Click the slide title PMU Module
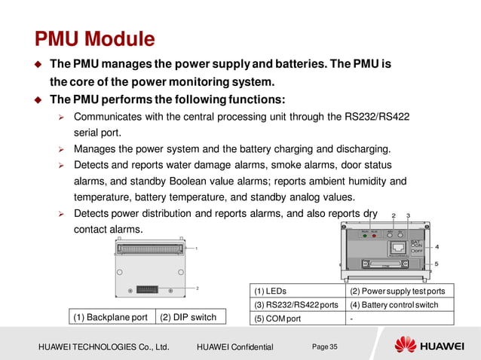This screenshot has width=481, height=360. tap(95, 38)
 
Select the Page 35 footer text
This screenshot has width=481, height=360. tap(325, 346)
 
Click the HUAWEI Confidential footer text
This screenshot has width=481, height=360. tap(234, 346)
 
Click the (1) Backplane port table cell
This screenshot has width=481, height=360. tap(110, 317)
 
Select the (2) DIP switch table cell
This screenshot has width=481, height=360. tap(188, 317)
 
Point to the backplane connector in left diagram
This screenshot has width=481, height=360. tap(152, 249)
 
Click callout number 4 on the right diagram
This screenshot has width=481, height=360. tap(437, 246)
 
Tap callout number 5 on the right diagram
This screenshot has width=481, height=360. tap(437, 264)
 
